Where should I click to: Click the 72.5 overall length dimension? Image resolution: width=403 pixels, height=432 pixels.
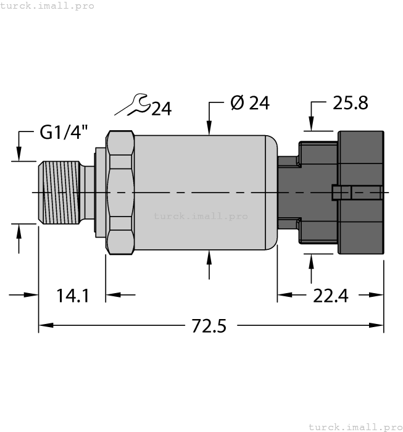(x=207, y=326)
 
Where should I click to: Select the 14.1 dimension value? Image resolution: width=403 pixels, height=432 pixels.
(x=73, y=296)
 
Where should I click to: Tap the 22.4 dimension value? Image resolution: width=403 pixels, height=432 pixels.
(x=330, y=296)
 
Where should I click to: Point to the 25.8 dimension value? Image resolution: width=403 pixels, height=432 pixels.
(x=350, y=103)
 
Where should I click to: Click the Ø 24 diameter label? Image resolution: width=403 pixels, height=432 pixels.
(x=249, y=103)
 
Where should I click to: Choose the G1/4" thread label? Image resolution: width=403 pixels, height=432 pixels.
(x=64, y=132)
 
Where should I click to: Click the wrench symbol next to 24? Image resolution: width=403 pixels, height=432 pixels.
(x=133, y=105)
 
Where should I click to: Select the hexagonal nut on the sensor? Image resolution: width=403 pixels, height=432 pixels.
(x=120, y=193)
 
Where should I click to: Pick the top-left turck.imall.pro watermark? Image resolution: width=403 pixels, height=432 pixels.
(x=48, y=6)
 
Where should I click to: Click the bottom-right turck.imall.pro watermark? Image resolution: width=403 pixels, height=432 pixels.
(x=354, y=426)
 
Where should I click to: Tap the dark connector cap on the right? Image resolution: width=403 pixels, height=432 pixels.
(x=360, y=193)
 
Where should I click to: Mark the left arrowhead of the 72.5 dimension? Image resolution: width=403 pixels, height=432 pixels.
(x=45, y=325)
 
